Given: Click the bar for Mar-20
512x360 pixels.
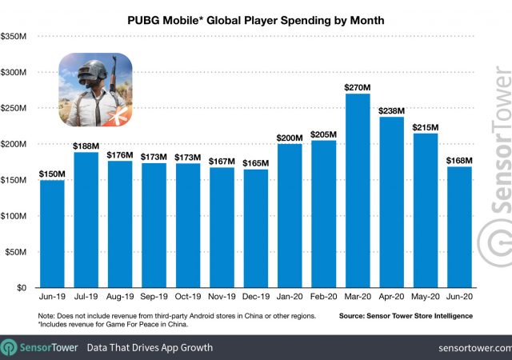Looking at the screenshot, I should click(x=358, y=191).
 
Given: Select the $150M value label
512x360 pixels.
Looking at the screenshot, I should click(x=52, y=174).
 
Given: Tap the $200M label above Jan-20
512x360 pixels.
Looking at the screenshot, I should click(x=290, y=138).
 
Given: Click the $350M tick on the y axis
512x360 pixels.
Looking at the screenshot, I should click(x=18, y=36).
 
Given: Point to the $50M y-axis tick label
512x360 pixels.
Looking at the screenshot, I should click(x=19, y=252).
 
